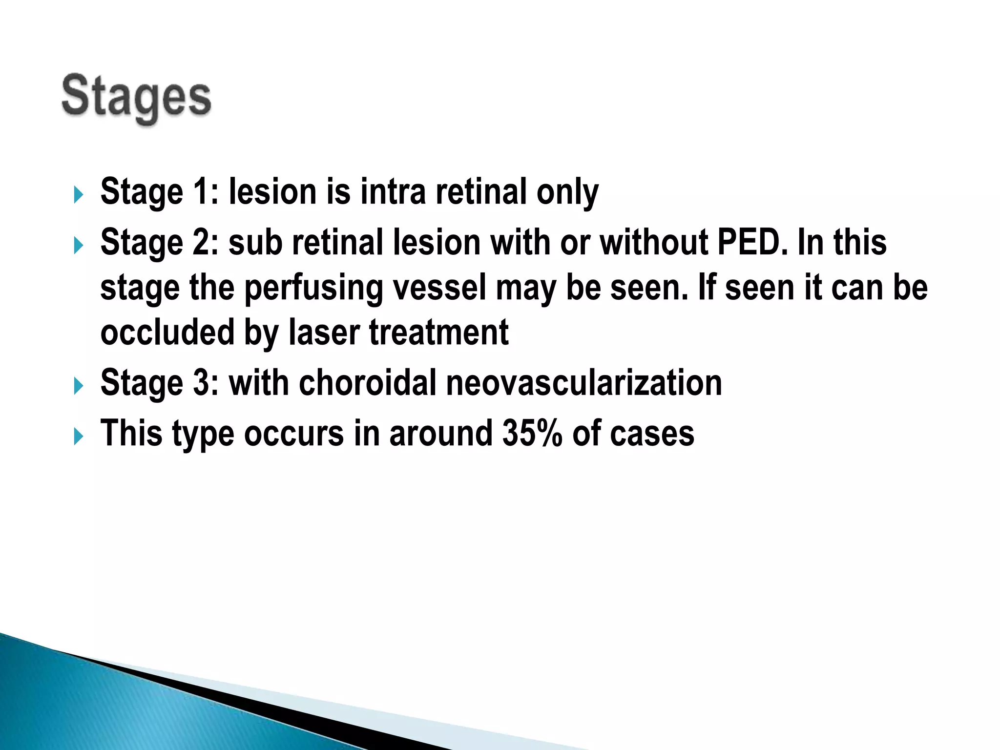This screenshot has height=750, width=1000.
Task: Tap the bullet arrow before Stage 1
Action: (x=78, y=195)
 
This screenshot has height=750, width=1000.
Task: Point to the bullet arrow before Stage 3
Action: (x=78, y=386)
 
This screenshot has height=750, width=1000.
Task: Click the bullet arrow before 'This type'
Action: (x=78, y=436)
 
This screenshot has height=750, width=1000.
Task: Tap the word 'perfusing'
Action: (x=313, y=288)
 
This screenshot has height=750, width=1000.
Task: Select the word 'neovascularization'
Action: (x=584, y=383)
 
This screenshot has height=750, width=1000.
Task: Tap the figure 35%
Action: (x=532, y=433)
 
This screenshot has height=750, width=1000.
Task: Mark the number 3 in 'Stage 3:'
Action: (x=202, y=383)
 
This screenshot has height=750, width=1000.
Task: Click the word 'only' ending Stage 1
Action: (x=567, y=192)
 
